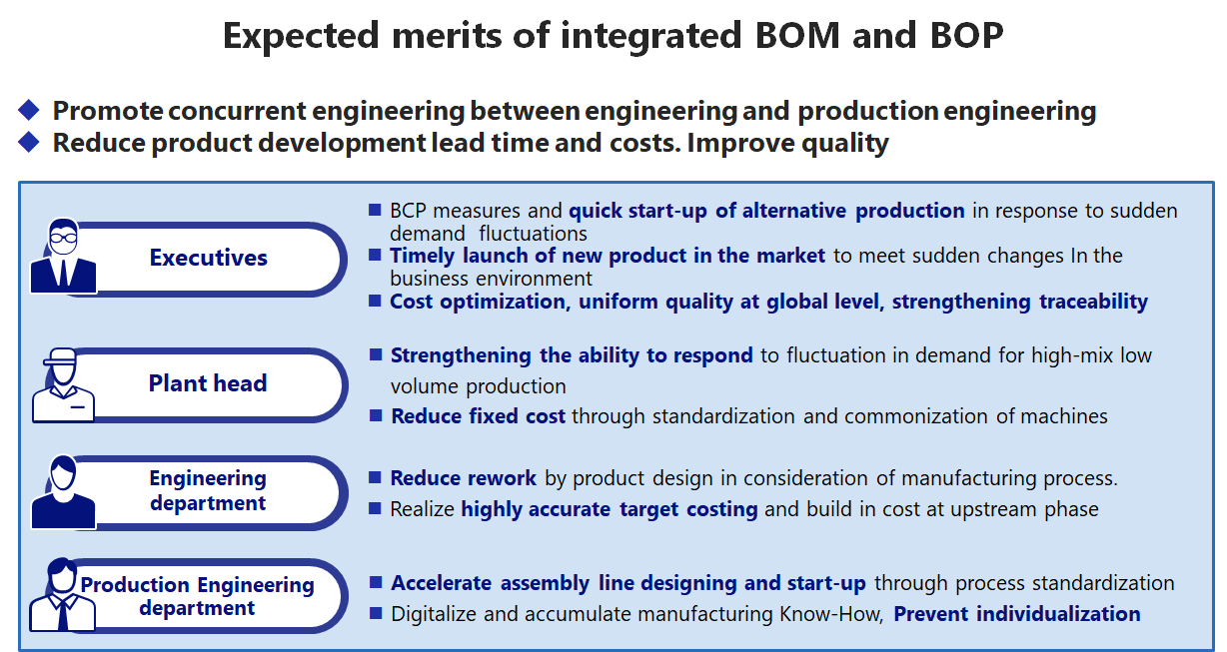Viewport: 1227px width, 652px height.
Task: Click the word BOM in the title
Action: [x=797, y=36]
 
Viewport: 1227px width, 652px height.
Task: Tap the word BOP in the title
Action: [x=967, y=36]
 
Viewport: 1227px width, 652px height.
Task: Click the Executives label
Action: [x=208, y=258]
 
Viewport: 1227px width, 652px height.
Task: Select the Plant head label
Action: [x=208, y=383]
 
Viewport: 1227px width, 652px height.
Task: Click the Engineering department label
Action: [x=208, y=490]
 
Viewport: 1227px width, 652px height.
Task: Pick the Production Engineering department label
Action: [x=197, y=596]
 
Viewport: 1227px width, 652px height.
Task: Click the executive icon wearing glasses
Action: [x=64, y=256]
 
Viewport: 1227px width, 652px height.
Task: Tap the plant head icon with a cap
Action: [x=63, y=384]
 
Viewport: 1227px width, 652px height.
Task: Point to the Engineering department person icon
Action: [x=64, y=491]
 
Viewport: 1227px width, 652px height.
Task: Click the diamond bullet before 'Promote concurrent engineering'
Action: [x=29, y=110]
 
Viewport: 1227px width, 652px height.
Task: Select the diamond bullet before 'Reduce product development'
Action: [x=29, y=143]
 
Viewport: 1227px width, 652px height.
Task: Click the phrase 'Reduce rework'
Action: [x=463, y=478]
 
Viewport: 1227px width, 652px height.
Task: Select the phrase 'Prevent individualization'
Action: [x=1016, y=614]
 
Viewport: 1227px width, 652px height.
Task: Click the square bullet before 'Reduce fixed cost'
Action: [x=376, y=415]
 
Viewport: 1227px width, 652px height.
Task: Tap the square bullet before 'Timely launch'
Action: [x=376, y=255]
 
